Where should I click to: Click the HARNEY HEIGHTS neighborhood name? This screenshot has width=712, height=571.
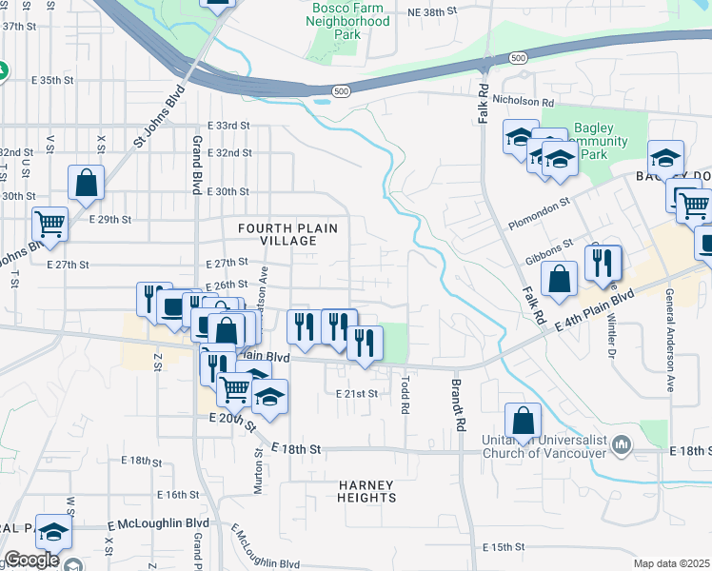366,491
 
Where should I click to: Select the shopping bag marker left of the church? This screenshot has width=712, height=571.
524,420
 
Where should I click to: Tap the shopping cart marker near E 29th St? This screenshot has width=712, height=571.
49,225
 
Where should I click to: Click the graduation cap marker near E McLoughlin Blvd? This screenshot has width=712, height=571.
53,533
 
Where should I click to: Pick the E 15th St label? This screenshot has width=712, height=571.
504,547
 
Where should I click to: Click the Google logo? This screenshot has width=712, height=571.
31,560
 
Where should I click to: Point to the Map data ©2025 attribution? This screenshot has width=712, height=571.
671,563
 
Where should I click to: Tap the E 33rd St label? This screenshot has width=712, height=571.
227,126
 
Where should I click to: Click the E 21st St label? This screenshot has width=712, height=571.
357,393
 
